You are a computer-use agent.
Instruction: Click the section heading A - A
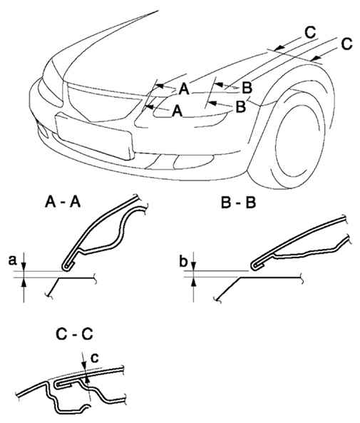click(x=63, y=202)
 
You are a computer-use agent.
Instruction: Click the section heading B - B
click(x=238, y=203)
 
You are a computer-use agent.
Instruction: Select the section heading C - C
click(x=74, y=334)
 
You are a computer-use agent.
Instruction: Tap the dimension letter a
click(x=12, y=261)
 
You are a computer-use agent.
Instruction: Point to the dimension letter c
click(x=95, y=358)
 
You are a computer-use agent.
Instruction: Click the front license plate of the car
click(x=94, y=136)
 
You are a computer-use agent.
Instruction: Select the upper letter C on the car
click(x=310, y=33)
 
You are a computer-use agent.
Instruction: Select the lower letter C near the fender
click(x=346, y=44)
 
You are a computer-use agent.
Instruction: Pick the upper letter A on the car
click(x=184, y=89)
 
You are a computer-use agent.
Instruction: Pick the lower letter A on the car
click(x=178, y=111)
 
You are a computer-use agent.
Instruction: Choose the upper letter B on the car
click(x=247, y=88)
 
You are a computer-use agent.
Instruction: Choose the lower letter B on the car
click(x=240, y=107)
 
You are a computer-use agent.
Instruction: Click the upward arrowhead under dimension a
click(x=24, y=282)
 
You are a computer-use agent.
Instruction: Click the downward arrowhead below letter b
click(x=194, y=265)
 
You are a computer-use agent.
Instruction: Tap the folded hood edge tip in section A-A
click(x=65, y=267)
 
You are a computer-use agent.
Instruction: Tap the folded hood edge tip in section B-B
click(x=254, y=265)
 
